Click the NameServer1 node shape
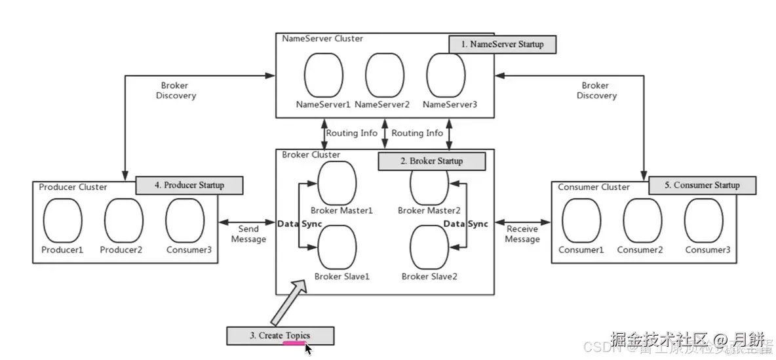[x=324, y=74]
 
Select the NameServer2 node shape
[x=385, y=74]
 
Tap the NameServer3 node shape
[x=446, y=74]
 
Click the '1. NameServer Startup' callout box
[x=501, y=45]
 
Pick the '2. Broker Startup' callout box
[x=432, y=161]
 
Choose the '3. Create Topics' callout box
[x=280, y=335]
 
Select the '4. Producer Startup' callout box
[x=189, y=185]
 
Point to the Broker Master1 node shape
[x=337, y=182]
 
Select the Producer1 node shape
[x=62, y=221]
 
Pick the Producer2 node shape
[x=123, y=221]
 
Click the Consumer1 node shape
[x=581, y=221]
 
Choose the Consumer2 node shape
[x=642, y=221]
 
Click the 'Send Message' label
[x=249, y=234]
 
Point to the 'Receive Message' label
[x=522, y=234]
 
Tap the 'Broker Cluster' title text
[x=311, y=155]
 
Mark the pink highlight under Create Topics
[x=292, y=342]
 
